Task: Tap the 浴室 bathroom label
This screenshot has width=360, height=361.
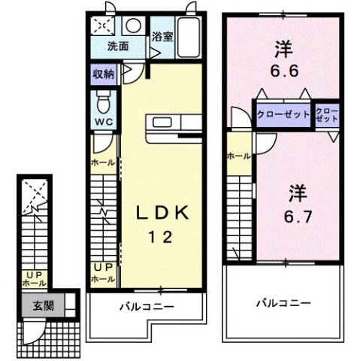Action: point(162,36)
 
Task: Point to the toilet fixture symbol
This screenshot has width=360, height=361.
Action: point(104,99)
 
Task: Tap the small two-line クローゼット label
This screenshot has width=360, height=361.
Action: point(327,116)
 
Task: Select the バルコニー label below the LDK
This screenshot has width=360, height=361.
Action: point(147,307)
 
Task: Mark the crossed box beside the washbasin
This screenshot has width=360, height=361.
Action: point(101,26)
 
